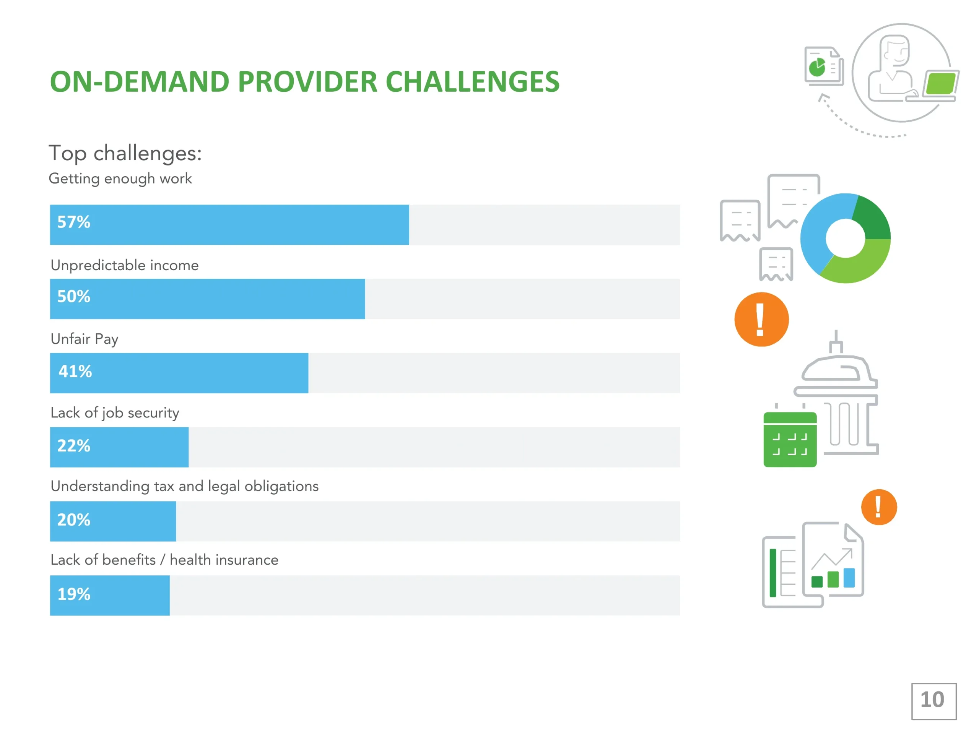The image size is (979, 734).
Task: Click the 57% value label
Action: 73,222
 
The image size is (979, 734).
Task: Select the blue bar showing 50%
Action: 207,299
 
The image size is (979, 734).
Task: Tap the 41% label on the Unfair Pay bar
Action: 75,371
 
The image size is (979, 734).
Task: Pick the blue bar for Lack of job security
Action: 119,447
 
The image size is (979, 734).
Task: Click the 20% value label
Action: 73,520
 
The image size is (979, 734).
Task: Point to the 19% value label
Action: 73,594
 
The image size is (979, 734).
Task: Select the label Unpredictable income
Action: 124,265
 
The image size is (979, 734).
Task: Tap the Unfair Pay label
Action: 84,339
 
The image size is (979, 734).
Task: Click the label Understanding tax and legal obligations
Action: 185,486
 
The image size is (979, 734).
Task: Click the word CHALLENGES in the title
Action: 472,82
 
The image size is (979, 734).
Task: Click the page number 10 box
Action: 934,701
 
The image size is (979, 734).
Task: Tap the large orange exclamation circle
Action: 761,320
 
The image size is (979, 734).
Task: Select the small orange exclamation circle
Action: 879,507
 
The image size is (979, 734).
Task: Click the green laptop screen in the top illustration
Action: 941,84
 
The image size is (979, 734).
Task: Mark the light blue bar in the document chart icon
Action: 849,578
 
